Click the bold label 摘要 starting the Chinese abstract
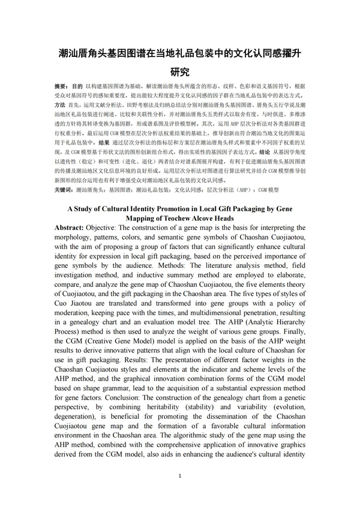coord(61,86)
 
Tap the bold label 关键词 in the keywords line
coord(64,190)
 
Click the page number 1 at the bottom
coord(180,475)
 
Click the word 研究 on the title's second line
coord(180,73)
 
